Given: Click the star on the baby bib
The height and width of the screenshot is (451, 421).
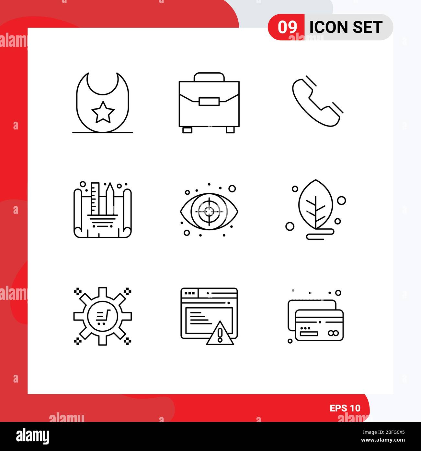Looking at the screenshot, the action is point(103,113).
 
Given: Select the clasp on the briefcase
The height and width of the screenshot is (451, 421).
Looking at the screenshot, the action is point(209,102).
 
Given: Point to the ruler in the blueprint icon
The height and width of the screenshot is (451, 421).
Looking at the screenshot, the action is point(95,199).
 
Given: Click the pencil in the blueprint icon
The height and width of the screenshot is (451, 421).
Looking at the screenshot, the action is point(110,199).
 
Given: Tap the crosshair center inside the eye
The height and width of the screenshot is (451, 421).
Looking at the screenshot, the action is point(209,212).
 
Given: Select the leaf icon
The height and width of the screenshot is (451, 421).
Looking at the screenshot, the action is point(316,205).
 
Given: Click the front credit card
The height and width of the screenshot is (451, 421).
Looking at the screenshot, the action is point(319,325).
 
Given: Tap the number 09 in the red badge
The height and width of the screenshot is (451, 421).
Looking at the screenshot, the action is point(287,27).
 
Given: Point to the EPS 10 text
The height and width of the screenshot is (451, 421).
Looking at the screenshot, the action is point(345,408).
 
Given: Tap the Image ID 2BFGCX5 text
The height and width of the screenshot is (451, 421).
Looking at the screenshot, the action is point(383,433).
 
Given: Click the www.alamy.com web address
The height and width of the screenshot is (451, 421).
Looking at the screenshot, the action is point(383,440).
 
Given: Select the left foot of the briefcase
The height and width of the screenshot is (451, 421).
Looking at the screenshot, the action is point(187,130).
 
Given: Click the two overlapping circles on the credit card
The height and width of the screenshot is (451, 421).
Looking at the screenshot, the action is point(333,333).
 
